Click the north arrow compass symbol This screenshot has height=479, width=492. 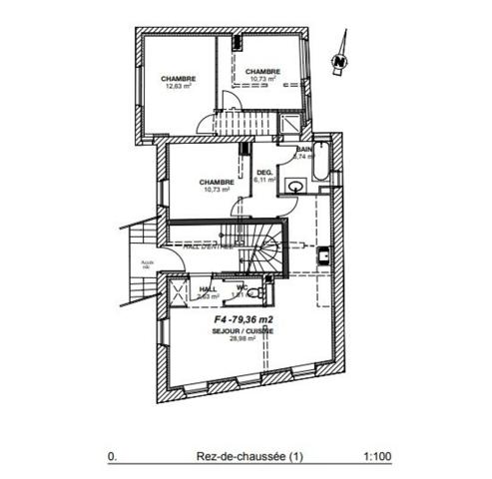[341, 56]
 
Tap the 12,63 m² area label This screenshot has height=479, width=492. [178, 86]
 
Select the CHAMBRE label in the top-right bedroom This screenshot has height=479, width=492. [261, 71]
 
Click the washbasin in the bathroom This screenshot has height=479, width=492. [296, 187]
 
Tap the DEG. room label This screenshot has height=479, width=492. [264, 173]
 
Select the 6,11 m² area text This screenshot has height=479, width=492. [264, 181]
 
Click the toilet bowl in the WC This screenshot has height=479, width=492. [256, 294]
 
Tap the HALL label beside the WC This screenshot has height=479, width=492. [208, 288]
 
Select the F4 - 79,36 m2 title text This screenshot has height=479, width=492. [245, 320]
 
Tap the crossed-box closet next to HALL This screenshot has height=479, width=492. [180, 292]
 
